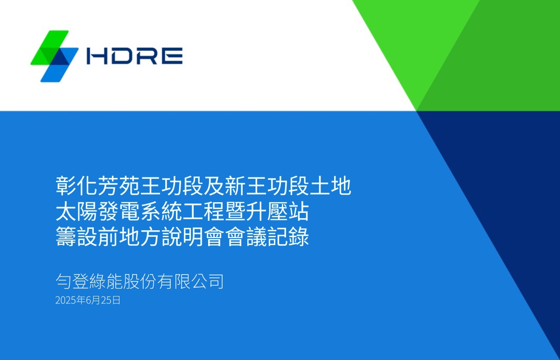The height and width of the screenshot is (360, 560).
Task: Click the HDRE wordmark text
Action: pos(135,56)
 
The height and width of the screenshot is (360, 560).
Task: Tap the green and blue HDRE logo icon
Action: pos(55,56)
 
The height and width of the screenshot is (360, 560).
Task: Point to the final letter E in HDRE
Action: pos(172,56)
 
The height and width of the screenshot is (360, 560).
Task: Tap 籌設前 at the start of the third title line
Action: pos(87,238)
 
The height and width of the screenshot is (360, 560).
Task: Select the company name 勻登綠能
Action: pos(89,282)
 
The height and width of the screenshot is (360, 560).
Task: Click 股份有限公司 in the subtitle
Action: pos(173,282)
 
